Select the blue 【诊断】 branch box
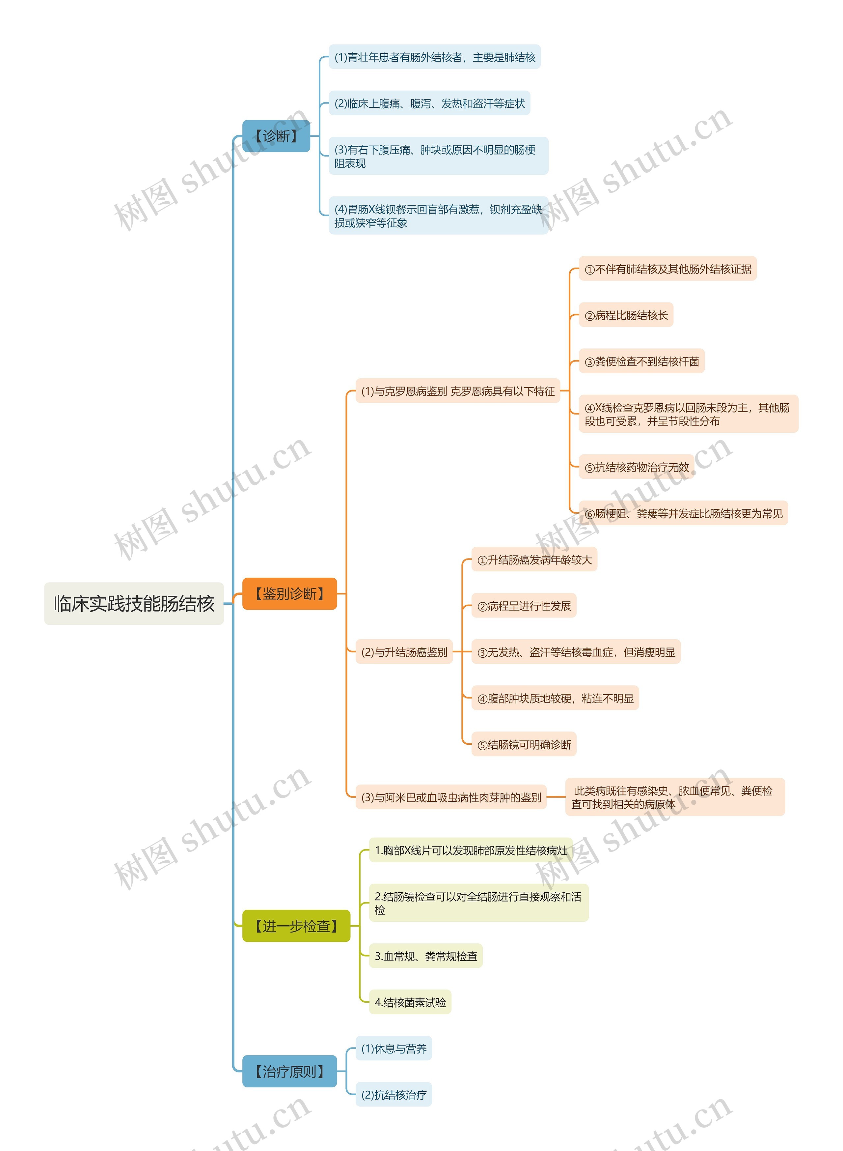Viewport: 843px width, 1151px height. point(276,136)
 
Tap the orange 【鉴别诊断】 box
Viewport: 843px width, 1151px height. point(289,593)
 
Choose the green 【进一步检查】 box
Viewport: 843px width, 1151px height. point(296,926)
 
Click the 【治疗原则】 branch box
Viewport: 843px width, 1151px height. point(289,1071)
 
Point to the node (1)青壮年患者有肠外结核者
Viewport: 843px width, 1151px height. point(434,57)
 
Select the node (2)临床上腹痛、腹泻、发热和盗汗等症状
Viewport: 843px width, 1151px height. point(429,103)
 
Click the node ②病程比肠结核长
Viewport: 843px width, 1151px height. point(626,315)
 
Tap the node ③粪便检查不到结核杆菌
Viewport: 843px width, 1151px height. point(641,361)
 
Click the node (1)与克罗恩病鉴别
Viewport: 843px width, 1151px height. point(458,391)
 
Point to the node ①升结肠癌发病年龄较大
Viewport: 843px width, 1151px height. point(534,560)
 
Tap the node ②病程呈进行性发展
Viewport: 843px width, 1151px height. point(524,606)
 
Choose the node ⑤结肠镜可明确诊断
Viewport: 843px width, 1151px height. point(524,744)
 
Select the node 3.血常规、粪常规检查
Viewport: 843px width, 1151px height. point(425,956)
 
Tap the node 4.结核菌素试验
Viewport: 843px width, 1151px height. point(410,1002)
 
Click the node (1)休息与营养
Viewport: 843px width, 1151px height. point(394,1049)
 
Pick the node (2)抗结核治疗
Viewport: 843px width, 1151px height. point(394,1094)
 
